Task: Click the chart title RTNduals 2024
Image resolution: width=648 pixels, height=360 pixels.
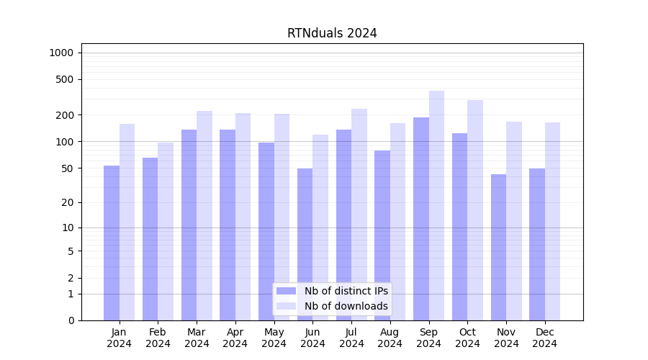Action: (332, 33)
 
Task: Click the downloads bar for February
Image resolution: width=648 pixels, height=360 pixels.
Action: (166, 231)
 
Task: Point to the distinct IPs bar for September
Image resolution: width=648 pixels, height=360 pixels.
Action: (421, 219)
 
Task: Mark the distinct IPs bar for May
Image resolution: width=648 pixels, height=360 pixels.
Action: (266, 231)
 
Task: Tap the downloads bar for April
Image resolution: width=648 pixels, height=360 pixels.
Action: (243, 217)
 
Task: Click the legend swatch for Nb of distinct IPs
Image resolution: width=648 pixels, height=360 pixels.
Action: (286, 291)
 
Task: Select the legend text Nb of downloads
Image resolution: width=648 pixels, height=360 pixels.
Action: (346, 306)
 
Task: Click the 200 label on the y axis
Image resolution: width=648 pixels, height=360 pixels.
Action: (66, 115)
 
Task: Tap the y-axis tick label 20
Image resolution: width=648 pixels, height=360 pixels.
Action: (68, 202)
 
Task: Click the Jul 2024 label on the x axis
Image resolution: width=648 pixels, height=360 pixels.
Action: (351, 338)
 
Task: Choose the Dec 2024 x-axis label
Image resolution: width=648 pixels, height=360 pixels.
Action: (544, 338)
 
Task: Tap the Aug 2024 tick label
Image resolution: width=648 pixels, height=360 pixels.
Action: (390, 338)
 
